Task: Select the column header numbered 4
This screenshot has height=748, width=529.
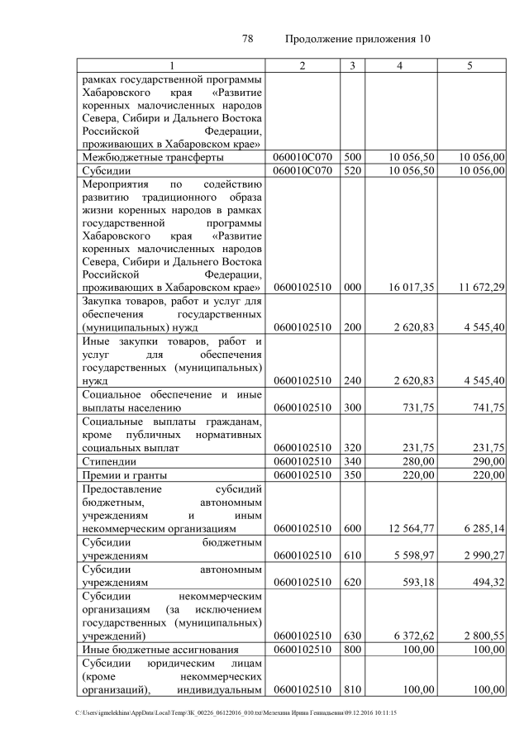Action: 400,65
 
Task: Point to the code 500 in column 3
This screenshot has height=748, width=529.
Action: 352,156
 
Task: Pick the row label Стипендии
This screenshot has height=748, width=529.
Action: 109,460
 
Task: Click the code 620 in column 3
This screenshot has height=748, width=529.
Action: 352,581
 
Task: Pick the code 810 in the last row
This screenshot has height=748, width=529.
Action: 352,690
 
